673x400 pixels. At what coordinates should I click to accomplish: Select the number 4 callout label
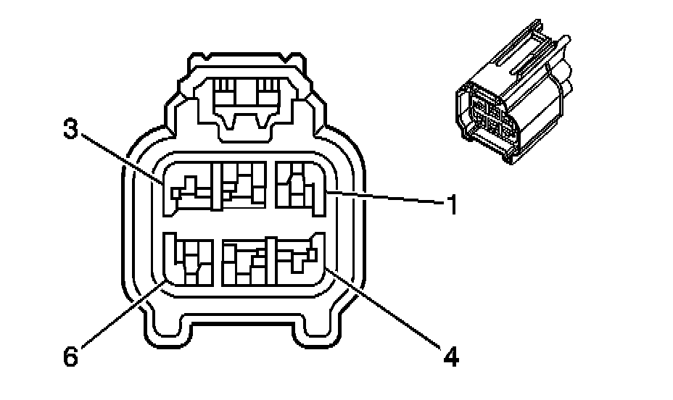coord(450,357)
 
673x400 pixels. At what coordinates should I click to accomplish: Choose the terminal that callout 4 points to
coord(298,261)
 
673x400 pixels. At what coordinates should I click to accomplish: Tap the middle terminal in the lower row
coord(244,262)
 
